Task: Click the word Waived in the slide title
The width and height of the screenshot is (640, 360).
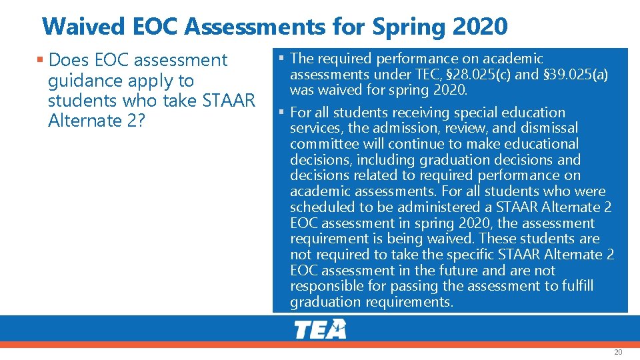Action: [x=76, y=27]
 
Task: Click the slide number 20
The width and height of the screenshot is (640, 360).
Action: [x=618, y=352]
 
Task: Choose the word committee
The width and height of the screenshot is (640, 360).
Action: [x=323, y=144]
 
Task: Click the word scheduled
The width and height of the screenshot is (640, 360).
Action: [x=323, y=207]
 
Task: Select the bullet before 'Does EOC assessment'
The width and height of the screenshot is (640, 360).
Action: [x=41, y=60]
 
